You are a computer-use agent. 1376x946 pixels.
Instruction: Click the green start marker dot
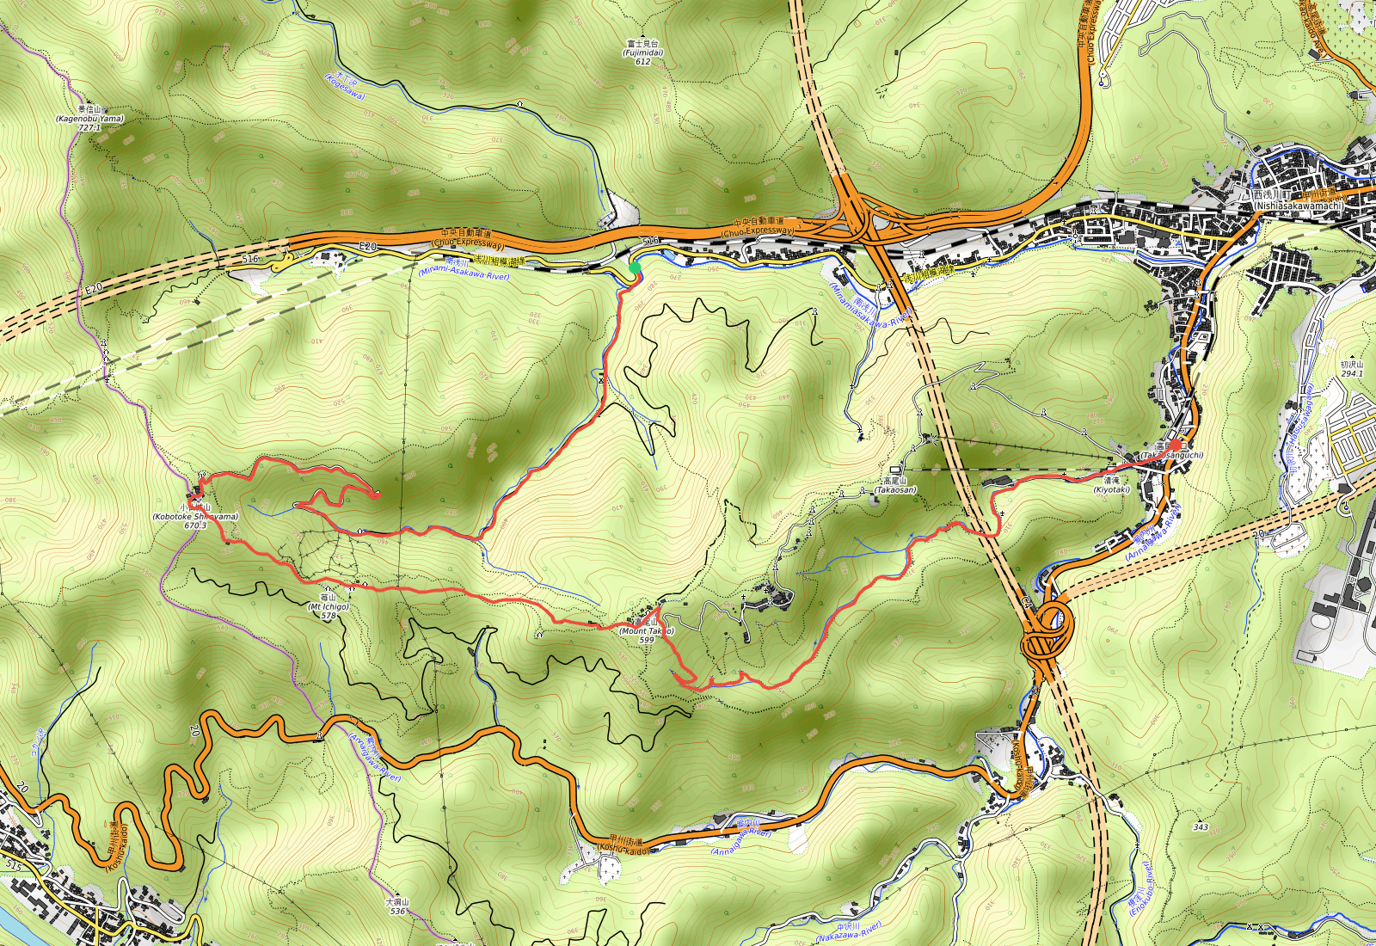(635, 268)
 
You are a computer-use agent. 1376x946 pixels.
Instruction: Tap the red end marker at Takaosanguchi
(1176, 445)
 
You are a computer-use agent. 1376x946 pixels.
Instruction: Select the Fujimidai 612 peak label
(642, 52)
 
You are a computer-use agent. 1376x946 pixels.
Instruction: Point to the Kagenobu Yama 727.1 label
(89, 120)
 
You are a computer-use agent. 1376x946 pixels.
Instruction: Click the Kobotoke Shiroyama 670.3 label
(195, 517)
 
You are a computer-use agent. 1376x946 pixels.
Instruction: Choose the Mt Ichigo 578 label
(329, 607)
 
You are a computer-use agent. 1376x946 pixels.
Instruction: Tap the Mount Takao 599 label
(647, 631)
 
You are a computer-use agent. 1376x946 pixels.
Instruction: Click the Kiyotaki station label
(1111, 489)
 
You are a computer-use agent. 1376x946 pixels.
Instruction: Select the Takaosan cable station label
(894, 489)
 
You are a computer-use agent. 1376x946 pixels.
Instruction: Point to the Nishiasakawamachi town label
(1298, 206)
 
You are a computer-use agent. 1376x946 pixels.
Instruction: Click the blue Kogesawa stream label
(345, 86)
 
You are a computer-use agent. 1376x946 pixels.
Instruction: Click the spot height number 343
(1201, 827)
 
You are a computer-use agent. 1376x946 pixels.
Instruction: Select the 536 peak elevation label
(397, 911)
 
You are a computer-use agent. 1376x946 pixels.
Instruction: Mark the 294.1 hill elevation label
(1351, 374)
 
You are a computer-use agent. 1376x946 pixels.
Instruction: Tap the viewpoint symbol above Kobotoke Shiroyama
(201, 475)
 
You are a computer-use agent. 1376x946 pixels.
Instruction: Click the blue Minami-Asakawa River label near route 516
(464, 274)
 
